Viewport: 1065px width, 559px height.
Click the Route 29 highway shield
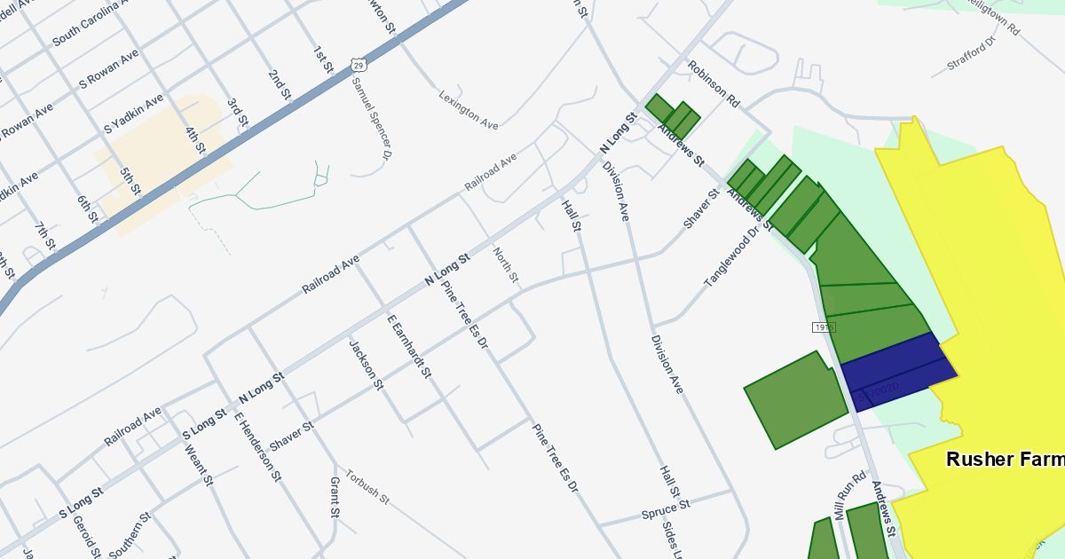tap(357, 65)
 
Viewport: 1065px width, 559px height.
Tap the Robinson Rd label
tap(713, 84)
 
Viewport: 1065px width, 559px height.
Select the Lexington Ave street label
tap(469, 110)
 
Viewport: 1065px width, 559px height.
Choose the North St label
tap(505, 265)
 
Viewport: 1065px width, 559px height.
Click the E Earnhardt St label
tap(409, 346)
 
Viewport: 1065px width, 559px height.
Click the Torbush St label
tap(367, 486)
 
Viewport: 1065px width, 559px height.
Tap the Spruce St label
tap(666, 511)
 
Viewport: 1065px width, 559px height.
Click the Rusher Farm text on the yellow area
tap(1003, 460)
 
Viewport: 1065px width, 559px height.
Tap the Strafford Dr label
tap(973, 51)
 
